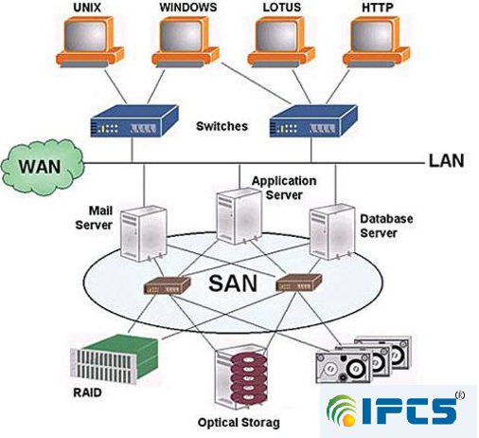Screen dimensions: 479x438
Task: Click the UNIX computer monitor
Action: pyautogui.click(x=89, y=42)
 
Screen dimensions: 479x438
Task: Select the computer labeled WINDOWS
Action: pyautogui.click(x=186, y=42)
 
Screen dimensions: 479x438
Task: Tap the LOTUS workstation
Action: pyautogui.click(x=281, y=42)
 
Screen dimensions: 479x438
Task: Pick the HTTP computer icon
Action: pyautogui.click(x=377, y=42)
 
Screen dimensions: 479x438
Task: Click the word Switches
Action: pyautogui.click(x=222, y=126)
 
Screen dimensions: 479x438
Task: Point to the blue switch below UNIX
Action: pyautogui.click(x=134, y=121)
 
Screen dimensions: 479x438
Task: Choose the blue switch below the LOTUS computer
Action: pyautogui.click(x=313, y=121)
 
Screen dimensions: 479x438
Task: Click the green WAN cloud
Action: pyautogui.click(x=43, y=167)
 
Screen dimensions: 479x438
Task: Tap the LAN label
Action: pyautogui.click(x=446, y=160)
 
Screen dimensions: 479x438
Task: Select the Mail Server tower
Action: pyautogui.click(x=144, y=233)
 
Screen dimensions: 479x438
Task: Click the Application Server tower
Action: pyautogui.click(x=239, y=216)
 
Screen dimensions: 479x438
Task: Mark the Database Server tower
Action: pyautogui.click(x=332, y=232)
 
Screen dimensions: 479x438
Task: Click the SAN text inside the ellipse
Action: pyautogui.click(x=233, y=283)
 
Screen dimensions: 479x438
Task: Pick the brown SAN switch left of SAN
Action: pyautogui.click(x=168, y=285)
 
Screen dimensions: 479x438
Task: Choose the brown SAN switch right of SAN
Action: pyautogui.click(x=299, y=282)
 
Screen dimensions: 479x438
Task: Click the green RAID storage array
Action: pyautogui.click(x=114, y=358)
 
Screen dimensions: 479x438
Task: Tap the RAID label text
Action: pyautogui.click(x=87, y=392)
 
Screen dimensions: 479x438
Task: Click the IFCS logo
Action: pyautogui.click(x=399, y=411)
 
